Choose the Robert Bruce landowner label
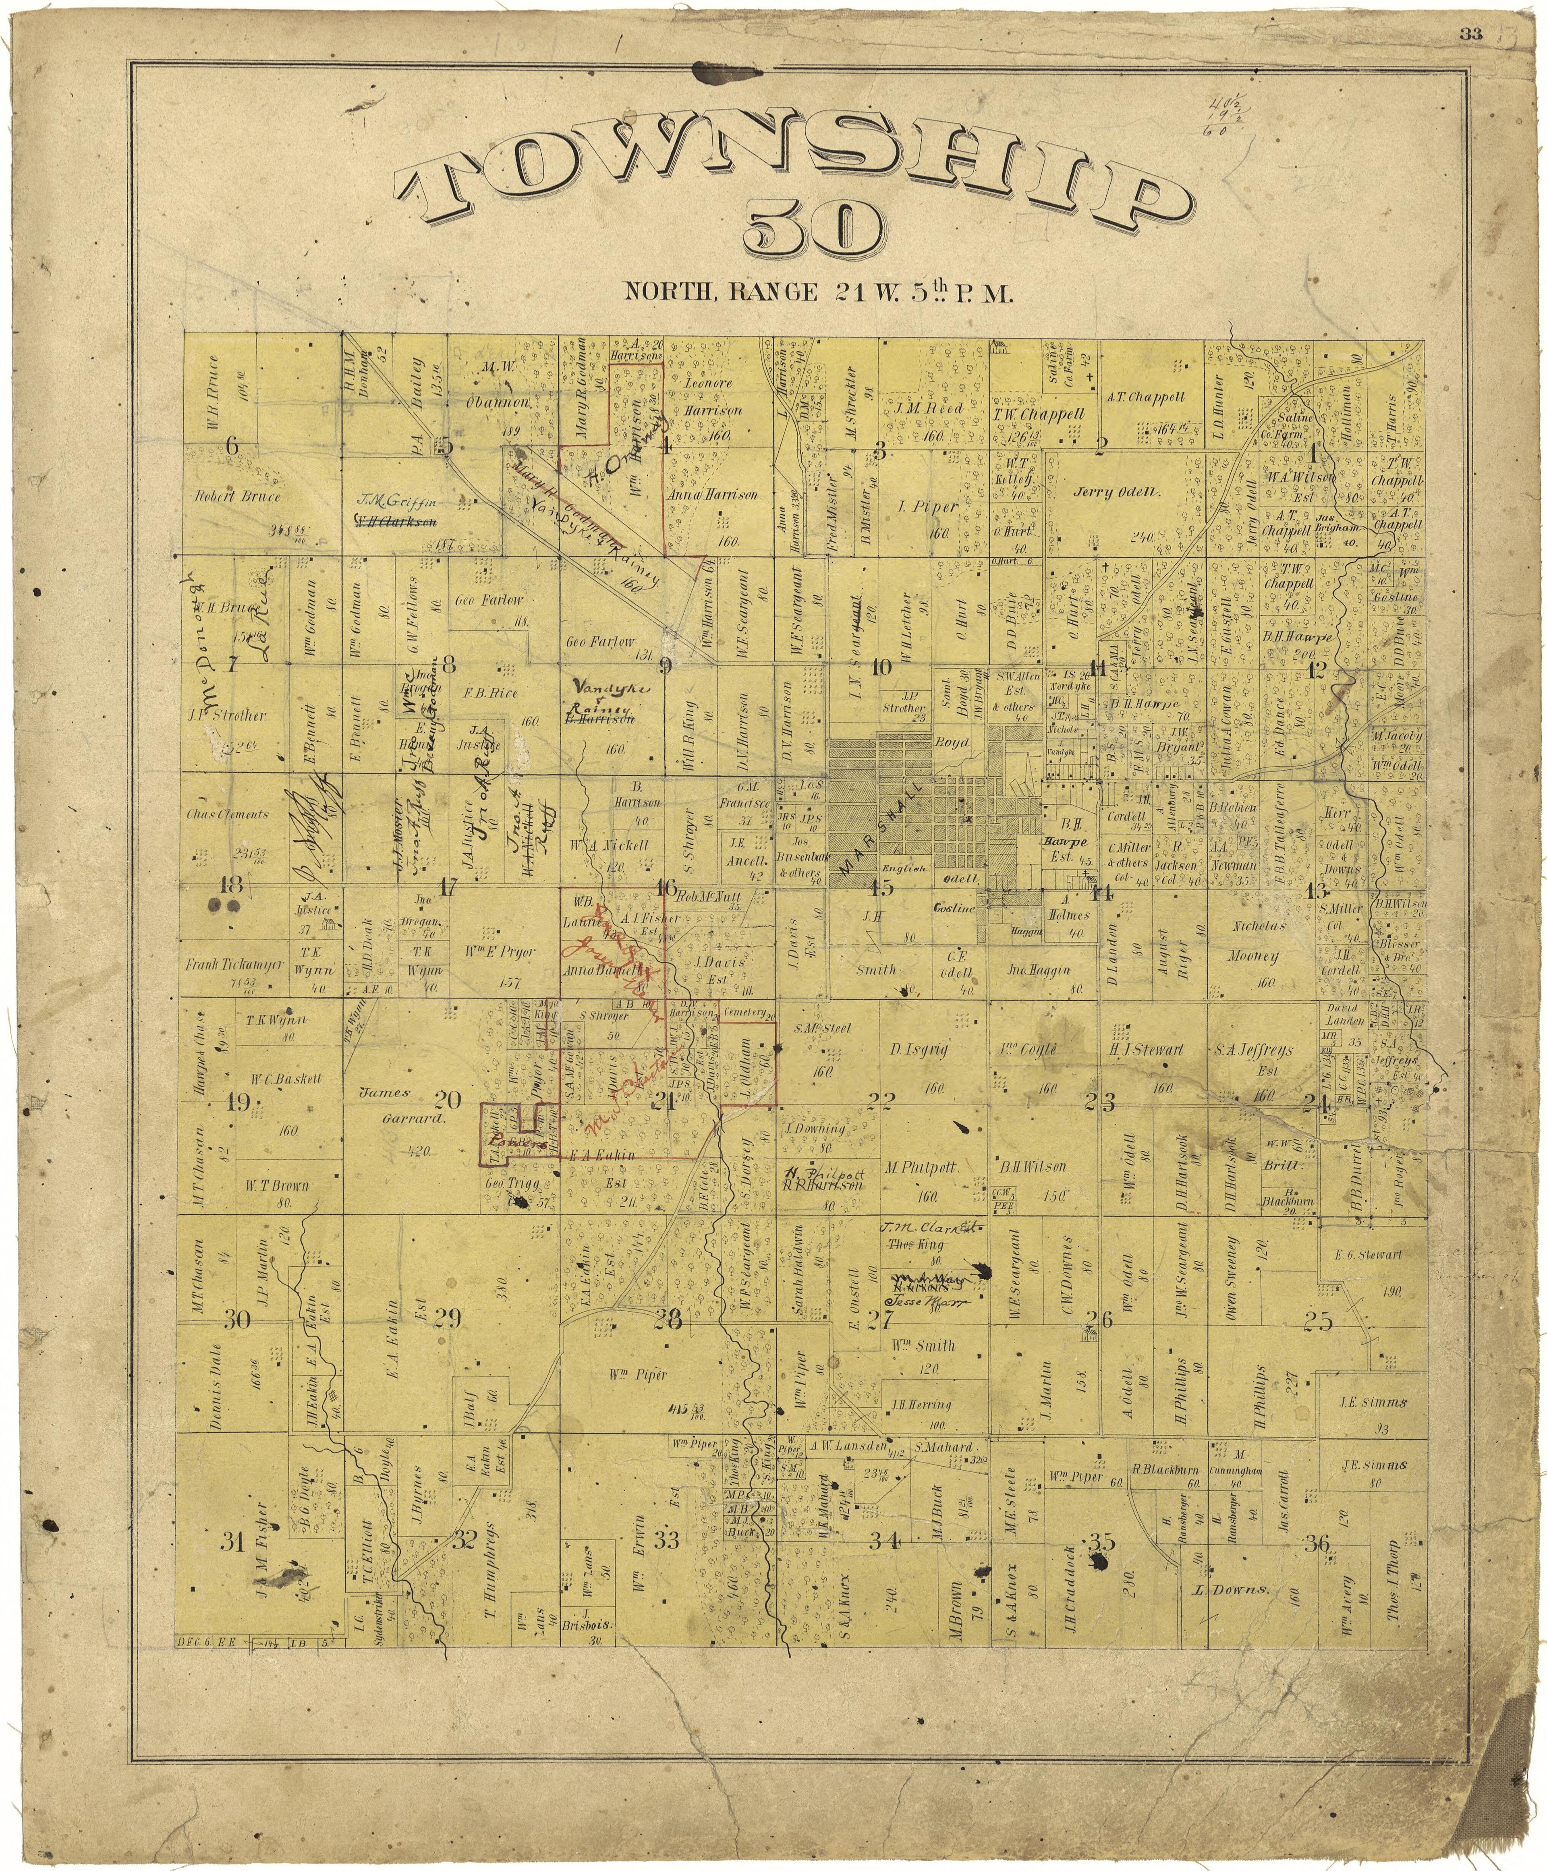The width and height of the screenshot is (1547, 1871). [237, 496]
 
